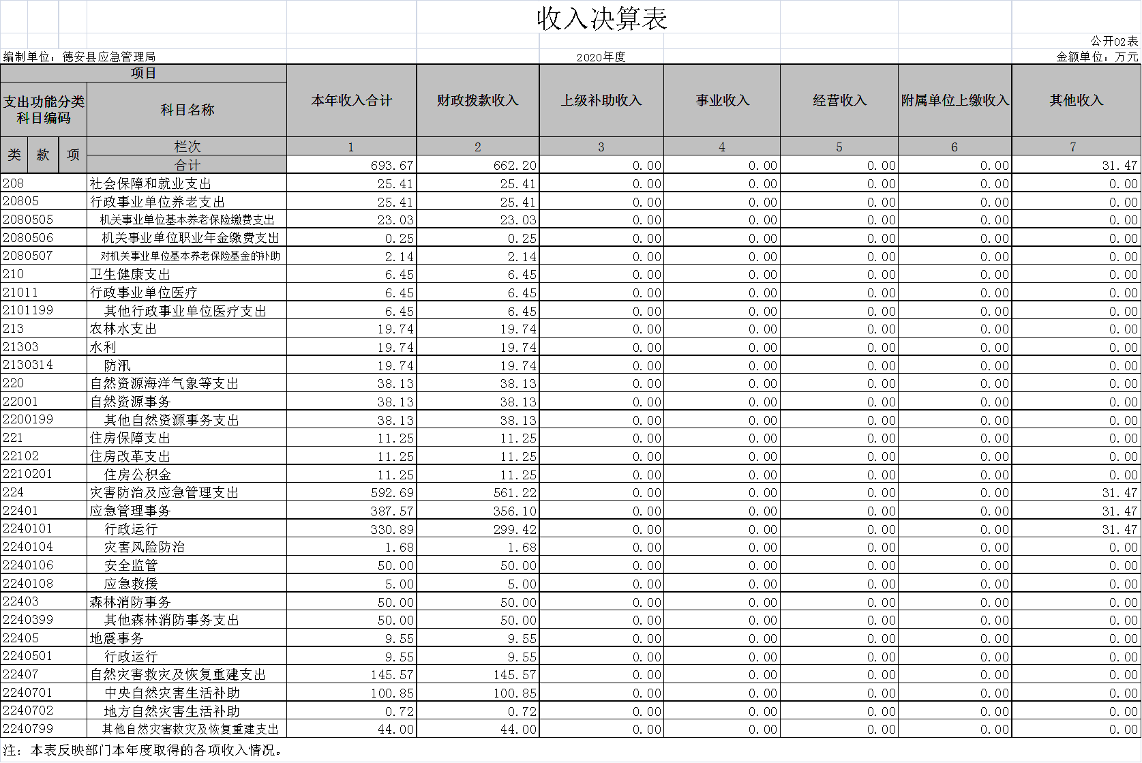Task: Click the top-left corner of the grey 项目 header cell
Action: (x=1, y=64)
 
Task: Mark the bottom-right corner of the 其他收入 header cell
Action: (x=1140, y=136)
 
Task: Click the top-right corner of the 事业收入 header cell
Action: (x=780, y=64)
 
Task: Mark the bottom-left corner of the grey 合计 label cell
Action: (x=87, y=173)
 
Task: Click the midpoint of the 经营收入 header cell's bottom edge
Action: (x=839, y=136)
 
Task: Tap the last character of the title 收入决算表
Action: (x=655, y=19)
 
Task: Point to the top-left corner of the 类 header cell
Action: (x=1, y=136)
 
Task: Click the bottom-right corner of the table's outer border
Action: (x=1140, y=738)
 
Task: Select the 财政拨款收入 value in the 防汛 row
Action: (x=518, y=365)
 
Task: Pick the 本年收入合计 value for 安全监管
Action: (x=395, y=566)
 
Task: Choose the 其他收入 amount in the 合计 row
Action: (x=1120, y=166)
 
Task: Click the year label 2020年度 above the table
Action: (x=601, y=57)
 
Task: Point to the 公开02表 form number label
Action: (x=1115, y=41)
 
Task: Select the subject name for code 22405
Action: (x=117, y=638)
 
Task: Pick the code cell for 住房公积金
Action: (x=27, y=475)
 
